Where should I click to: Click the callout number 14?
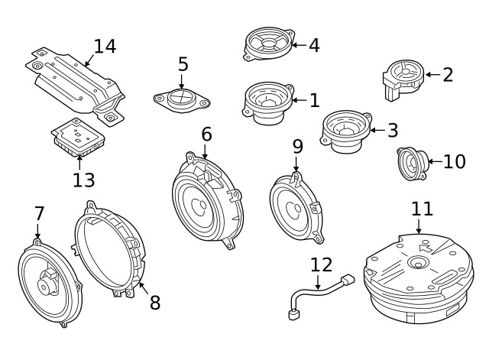pyautogui.click(x=104, y=46)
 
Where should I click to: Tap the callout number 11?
pyautogui.click(x=422, y=209)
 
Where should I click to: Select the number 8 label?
pyautogui.click(x=154, y=303)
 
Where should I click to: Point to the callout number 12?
pyautogui.click(x=322, y=265)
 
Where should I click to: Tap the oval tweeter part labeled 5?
pyautogui.click(x=182, y=99)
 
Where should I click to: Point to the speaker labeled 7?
pyautogui.click(x=46, y=282)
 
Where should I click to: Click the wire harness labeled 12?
pyautogui.click(x=318, y=295)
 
